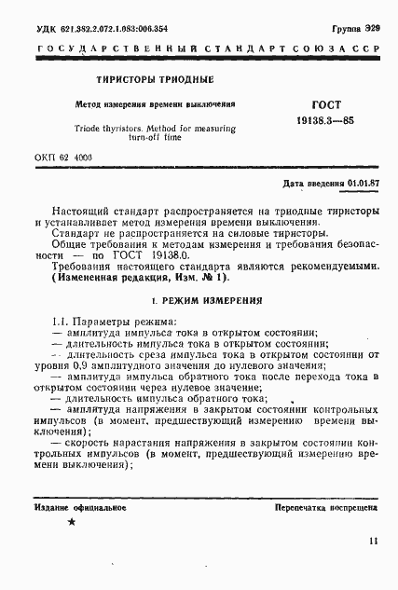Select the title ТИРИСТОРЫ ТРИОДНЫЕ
(148, 80)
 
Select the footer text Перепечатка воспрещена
(326, 512)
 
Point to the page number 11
(373, 541)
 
